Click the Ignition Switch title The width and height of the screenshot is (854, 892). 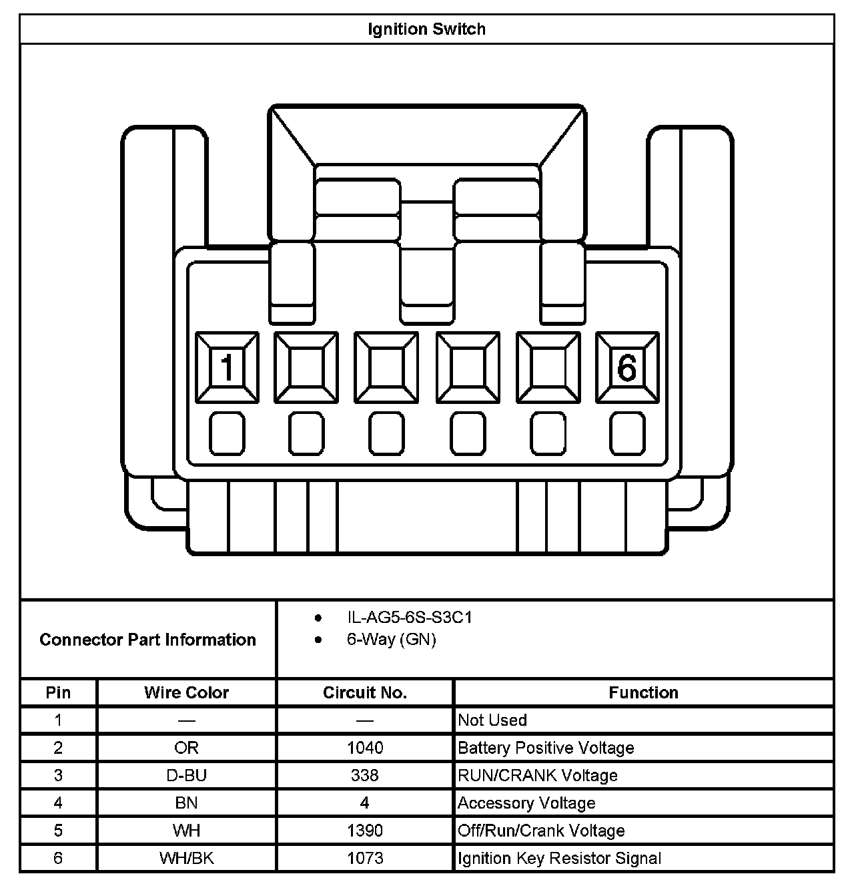[x=427, y=29]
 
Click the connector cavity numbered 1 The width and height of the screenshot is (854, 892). [x=227, y=368]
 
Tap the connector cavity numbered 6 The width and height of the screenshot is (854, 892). [x=626, y=368]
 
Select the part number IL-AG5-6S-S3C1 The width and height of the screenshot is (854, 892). [x=409, y=618]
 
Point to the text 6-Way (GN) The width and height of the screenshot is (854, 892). [x=391, y=640]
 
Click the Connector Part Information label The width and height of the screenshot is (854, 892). [x=147, y=640]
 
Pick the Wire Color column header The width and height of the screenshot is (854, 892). [x=186, y=692]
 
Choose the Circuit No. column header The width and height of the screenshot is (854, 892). [x=365, y=692]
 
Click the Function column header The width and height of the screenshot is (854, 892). [x=643, y=692]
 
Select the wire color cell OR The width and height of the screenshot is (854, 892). [x=186, y=748]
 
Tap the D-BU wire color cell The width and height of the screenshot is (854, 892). [x=186, y=775]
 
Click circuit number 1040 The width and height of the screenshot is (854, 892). [x=365, y=748]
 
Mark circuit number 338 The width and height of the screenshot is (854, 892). [x=365, y=775]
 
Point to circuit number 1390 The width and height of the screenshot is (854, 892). [x=365, y=831]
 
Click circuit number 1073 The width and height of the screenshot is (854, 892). [x=365, y=858]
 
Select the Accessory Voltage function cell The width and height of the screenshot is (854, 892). [x=526, y=803]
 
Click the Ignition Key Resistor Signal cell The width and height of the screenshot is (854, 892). [x=559, y=858]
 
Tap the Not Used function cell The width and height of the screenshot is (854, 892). [x=492, y=720]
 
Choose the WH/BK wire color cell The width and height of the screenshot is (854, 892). [x=186, y=858]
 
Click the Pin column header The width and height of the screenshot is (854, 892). [x=58, y=692]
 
